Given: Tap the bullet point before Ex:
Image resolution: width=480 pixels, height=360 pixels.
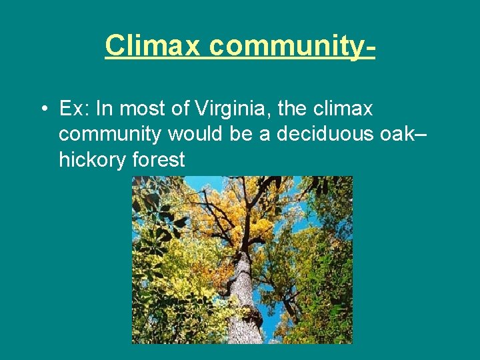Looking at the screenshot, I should coord(43,108).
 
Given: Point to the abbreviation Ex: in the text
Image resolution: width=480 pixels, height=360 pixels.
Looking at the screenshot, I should coord(73,108).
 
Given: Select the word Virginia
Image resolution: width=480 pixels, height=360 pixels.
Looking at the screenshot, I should coord(223,109).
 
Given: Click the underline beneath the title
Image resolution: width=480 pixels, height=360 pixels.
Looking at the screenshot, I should coord(240,59).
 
